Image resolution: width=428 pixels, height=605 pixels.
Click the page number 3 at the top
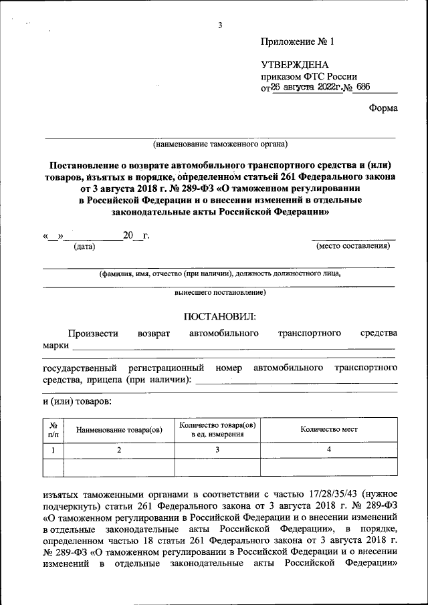coord(219,26)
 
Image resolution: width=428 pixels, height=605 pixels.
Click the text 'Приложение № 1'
coord(296,41)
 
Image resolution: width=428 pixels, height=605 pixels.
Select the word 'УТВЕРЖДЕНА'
coord(295,65)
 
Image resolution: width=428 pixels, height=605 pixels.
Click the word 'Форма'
coord(383,109)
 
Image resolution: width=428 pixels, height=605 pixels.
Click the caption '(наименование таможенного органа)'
coord(220,144)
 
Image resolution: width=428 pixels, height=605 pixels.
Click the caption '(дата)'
coord(84,247)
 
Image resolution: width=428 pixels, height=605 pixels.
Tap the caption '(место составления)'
coord(353,246)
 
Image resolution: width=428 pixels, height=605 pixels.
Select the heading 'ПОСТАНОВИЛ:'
coord(219,315)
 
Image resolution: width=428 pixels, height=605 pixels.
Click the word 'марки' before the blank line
coord(56,346)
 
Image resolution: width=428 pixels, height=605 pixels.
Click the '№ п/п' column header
coord(53,429)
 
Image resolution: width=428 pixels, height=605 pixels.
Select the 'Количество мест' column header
coord(328,429)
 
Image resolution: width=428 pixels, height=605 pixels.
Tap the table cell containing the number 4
coord(328,450)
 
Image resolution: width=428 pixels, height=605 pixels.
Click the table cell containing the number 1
coord(53,450)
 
